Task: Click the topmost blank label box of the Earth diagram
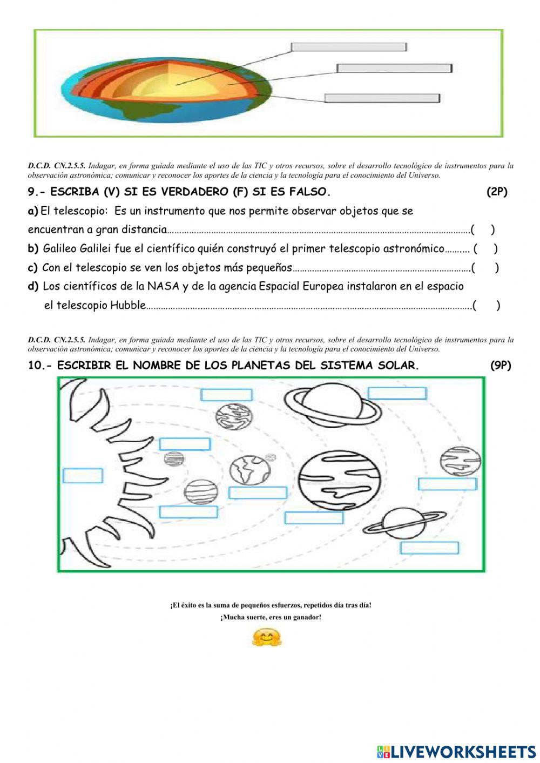pyautogui.click(x=348, y=47)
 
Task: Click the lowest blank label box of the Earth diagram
pyautogui.click(x=382, y=98)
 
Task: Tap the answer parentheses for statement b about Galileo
pyautogui.click(x=485, y=249)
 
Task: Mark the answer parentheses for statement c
pyautogui.click(x=484, y=268)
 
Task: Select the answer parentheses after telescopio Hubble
pyautogui.click(x=486, y=306)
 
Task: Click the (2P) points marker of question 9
pyautogui.click(x=496, y=192)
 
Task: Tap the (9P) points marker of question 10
pyautogui.click(x=500, y=366)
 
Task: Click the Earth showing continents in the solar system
pyautogui.click(x=249, y=470)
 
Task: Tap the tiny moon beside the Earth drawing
pyautogui.click(x=271, y=457)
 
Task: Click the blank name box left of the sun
pyautogui.click(x=83, y=476)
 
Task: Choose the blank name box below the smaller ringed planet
pyautogui.click(x=429, y=548)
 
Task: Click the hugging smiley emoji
pyautogui.click(x=267, y=638)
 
